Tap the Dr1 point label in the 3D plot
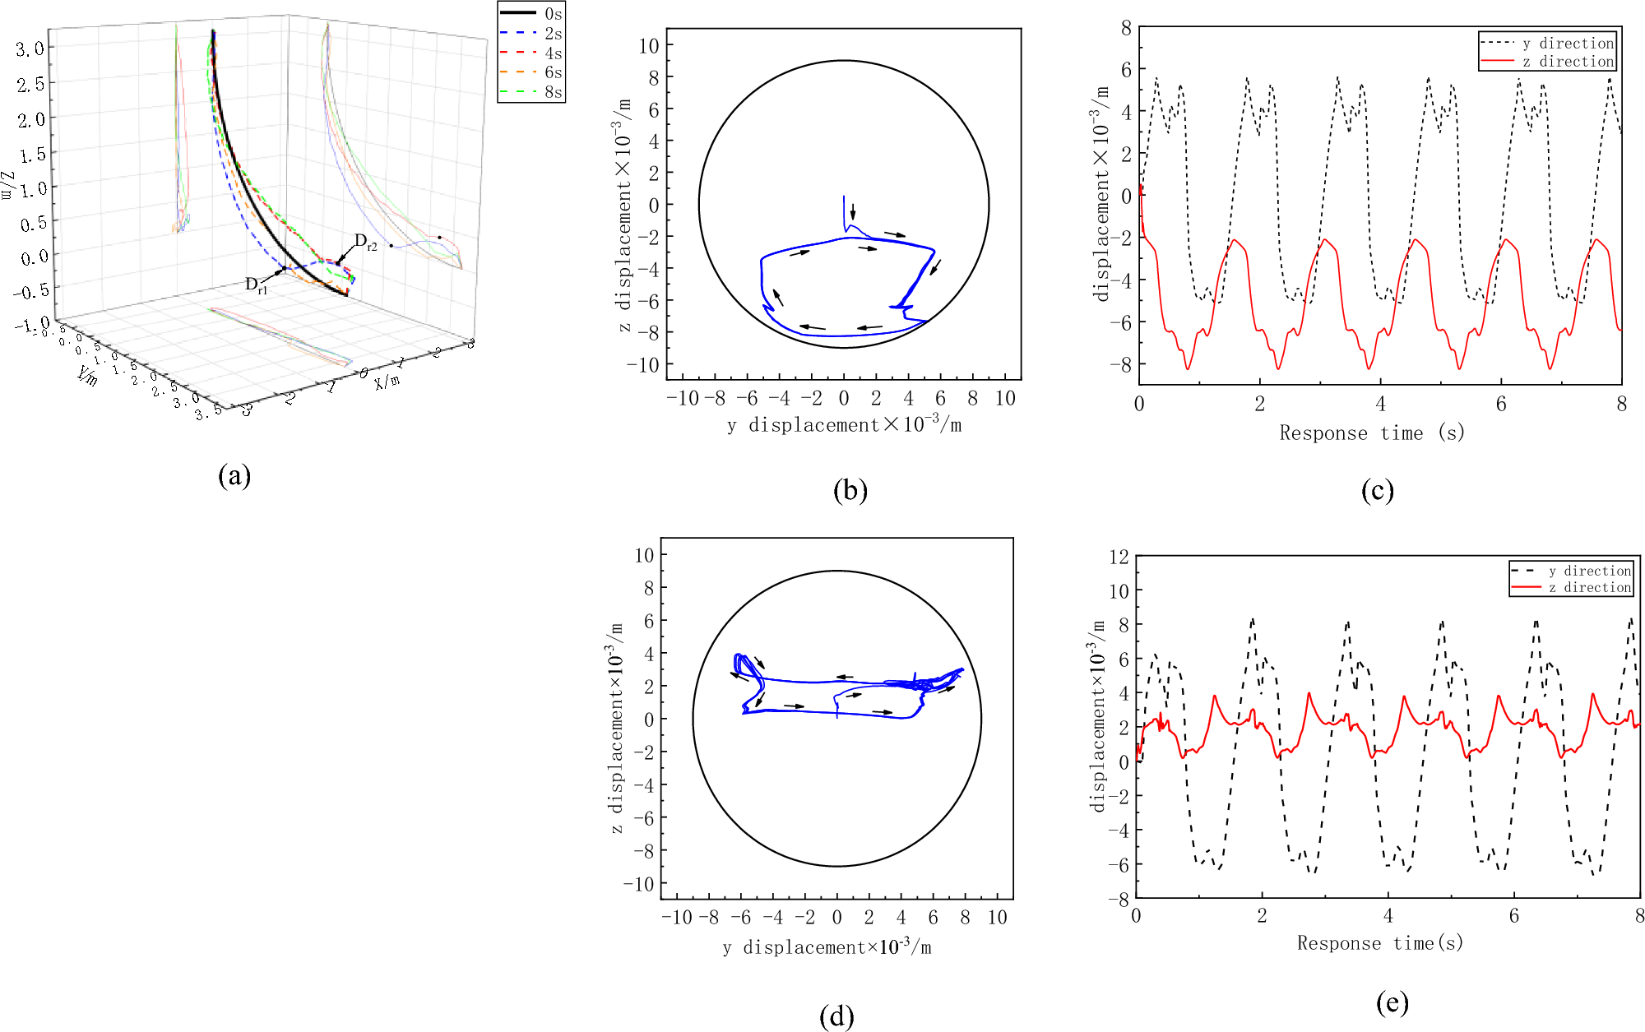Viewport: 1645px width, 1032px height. tap(256, 285)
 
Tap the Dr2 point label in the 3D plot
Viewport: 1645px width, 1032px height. tap(365, 242)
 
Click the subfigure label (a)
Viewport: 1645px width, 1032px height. tap(234, 475)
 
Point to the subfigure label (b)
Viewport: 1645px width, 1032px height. tap(850, 491)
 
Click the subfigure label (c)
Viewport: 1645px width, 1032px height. tap(1377, 491)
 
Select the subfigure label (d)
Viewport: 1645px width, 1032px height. tap(836, 1016)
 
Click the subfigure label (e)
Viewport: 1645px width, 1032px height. tap(1392, 1002)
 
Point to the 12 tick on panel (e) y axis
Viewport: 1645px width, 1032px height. tap(1119, 557)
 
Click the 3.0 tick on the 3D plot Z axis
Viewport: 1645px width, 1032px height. tap(30, 49)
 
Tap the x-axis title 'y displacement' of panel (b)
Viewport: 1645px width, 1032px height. tap(844, 425)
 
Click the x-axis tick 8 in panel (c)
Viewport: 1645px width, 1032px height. tap(1620, 404)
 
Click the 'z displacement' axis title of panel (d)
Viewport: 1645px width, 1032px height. tap(616, 729)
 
